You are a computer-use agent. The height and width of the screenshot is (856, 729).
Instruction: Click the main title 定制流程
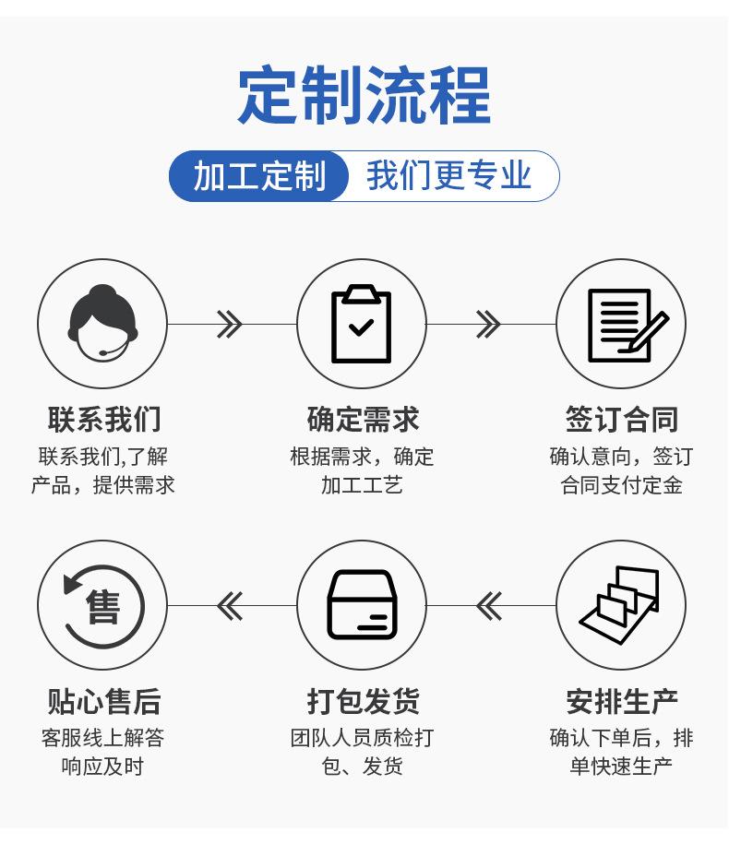364,95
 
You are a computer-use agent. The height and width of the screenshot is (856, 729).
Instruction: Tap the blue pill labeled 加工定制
258,176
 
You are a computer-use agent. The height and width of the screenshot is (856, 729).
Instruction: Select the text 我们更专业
448,175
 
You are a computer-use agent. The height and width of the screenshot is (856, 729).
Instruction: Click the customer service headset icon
102,323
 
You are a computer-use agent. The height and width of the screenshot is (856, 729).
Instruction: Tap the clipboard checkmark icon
362,324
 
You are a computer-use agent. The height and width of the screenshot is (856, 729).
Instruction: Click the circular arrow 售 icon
103,606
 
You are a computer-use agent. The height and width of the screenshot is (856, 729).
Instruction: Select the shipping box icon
362,605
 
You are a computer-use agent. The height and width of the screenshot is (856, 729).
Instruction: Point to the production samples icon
619,605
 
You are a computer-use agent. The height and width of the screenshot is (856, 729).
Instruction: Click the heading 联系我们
103,420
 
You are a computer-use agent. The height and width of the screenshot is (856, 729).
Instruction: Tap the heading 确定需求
363,420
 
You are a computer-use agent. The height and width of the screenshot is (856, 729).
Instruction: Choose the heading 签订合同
621,420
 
